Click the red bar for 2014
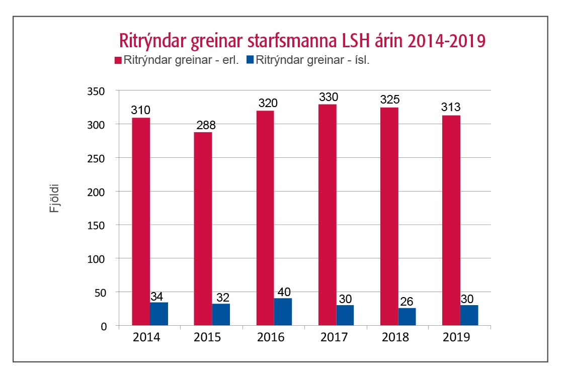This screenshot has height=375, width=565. (140, 221)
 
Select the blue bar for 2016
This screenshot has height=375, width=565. (283, 312)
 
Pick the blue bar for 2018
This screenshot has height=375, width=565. (407, 317)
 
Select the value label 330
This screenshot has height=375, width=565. (328, 97)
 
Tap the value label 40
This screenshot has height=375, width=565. (283, 292)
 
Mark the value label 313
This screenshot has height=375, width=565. (451, 108)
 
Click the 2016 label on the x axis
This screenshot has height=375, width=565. (270, 337)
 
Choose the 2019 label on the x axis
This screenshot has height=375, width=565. (456, 337)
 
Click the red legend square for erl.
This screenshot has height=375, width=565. (119, 60)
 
